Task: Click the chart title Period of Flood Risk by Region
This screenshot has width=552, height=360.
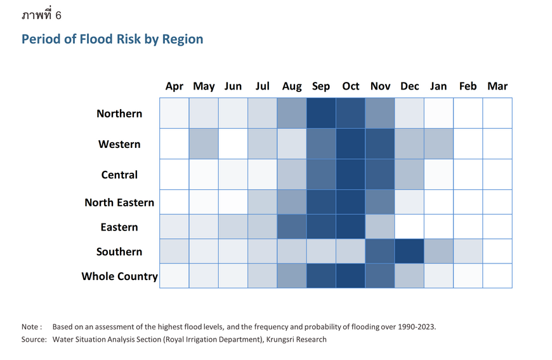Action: (x=112, y=39)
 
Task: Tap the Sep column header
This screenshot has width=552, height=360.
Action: (x=321, y=86)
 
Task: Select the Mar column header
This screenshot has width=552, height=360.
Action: (x=497, y=86)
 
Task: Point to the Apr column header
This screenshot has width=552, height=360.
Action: (x=174, y=86)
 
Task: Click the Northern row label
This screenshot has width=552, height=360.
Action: (x=119, y=114)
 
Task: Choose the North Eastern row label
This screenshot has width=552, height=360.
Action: (x=119, y=203)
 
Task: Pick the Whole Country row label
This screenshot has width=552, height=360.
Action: (x=119, y=276)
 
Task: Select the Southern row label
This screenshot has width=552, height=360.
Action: (x=119, y=252)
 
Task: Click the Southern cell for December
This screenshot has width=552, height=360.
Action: (x=409, y=251)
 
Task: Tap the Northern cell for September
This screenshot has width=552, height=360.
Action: (x=321, y=113)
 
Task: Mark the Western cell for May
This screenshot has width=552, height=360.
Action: (x=204, y=143)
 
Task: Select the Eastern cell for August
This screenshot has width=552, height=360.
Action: (x=292, y=227)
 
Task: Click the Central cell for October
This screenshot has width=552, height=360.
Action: (x=351, y=174)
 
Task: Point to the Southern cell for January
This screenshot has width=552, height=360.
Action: (x=438, y=251)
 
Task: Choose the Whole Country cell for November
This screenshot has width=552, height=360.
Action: (x=380, y=276)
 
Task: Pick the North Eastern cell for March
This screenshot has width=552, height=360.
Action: (x=497, y=202)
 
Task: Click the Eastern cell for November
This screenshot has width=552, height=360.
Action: (x=380, y=227)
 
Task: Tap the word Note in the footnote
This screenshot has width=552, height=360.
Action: (x=30, y=327)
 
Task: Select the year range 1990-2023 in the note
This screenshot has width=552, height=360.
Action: (x=415, y=327)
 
